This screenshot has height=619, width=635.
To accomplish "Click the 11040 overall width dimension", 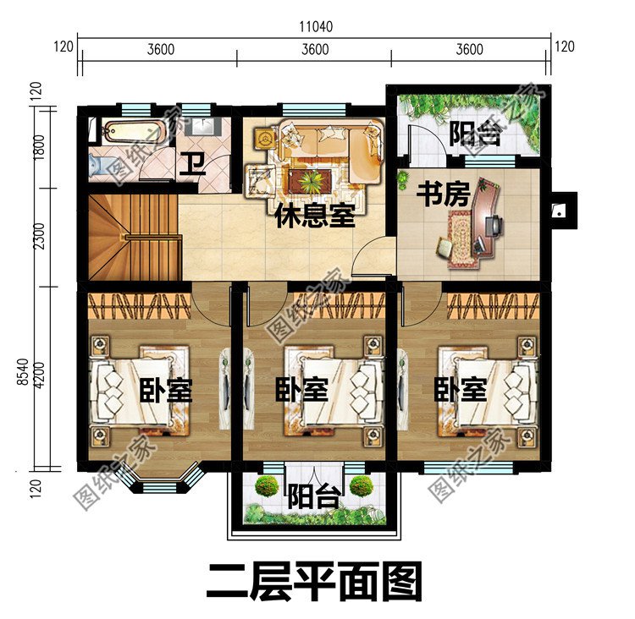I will pyautogui.click(x=315, y=26).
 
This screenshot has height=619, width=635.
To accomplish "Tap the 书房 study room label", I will pyautogui.click(x=443, y=195).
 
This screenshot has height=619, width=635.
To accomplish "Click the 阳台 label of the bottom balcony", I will pyautogui.click(x=314, y=496).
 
